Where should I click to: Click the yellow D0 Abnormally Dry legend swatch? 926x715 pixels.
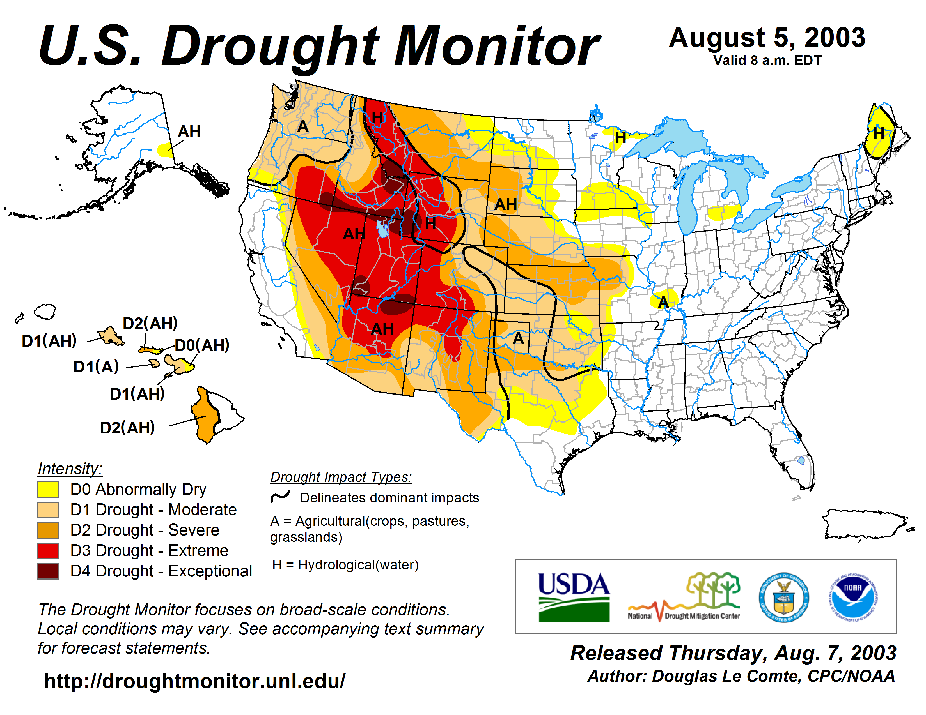48,489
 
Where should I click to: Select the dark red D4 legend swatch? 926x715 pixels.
48,571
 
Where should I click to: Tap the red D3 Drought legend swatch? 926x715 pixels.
48,551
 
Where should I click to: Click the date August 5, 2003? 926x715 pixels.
767,38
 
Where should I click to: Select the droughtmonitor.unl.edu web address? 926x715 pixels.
195,681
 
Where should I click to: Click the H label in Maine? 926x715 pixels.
879,134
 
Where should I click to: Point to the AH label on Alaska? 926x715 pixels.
189,132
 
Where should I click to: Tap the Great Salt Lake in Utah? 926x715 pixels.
383,229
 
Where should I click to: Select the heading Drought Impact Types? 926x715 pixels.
341,477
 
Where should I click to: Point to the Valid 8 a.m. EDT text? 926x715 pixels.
767,61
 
